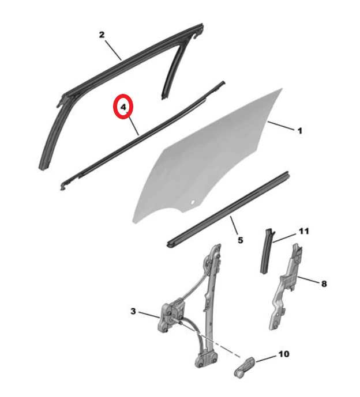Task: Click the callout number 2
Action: click(x=102, y=35)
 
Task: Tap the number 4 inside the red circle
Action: click(x=123, y=107)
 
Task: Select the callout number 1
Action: click(x=300, y=131)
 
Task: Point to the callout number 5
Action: click(x=241, y=240)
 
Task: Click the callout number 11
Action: click(x=304, y=231)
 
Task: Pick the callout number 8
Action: click(x=324, y=283)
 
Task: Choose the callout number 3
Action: click(x=133, y=311)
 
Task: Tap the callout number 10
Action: click(x=284, y=354)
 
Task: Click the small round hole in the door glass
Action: click(x=193, y=202)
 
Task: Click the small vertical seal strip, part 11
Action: click(x=267, y=251)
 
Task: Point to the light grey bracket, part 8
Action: click(x=285, y=288)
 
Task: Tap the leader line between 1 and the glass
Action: click(x=281, y=126)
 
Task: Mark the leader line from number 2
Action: click(x=113, y=50)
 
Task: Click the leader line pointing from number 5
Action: click(x=234, y=225)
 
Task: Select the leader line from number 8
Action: click(x=308, y=279)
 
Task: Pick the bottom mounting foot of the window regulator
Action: click(x=205, y=358)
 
